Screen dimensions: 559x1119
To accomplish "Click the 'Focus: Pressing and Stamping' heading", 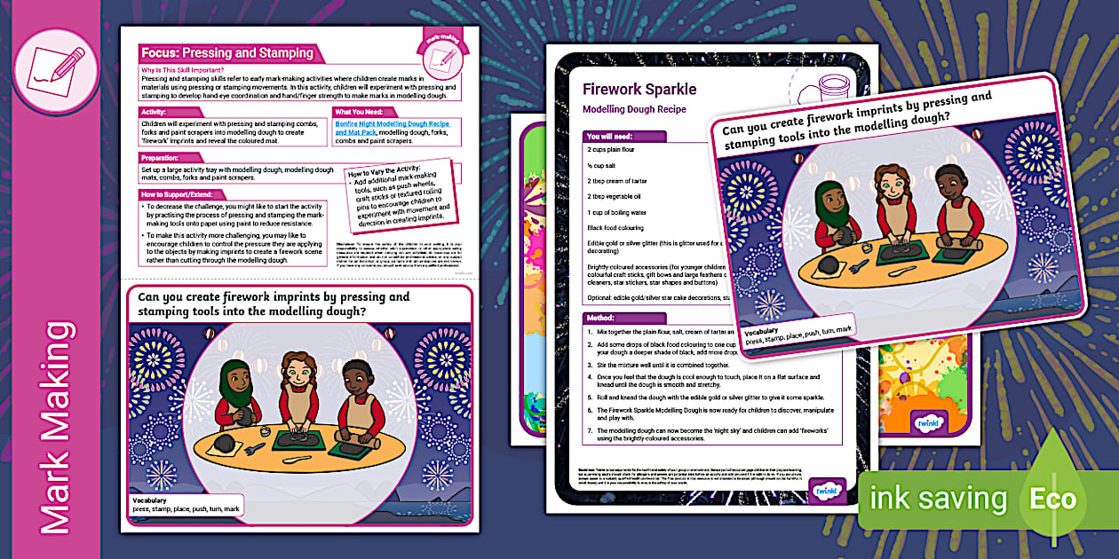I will point(226,53).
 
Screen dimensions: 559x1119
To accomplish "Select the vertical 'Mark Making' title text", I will point(56,427).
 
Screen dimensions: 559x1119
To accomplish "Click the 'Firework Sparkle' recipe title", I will point(639,90).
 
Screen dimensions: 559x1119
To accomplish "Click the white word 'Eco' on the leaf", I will point(1052,498).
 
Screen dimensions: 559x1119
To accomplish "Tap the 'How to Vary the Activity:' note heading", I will point(392,169).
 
